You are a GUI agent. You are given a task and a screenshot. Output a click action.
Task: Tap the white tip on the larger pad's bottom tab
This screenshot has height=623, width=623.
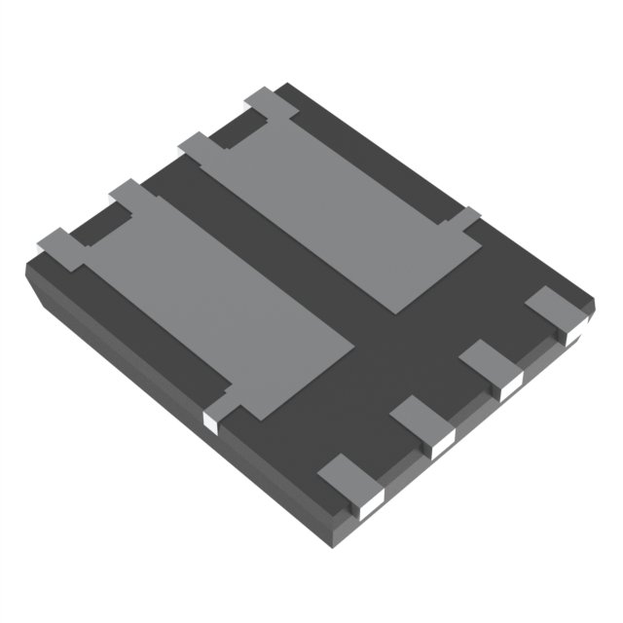click(x=209, y=421)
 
